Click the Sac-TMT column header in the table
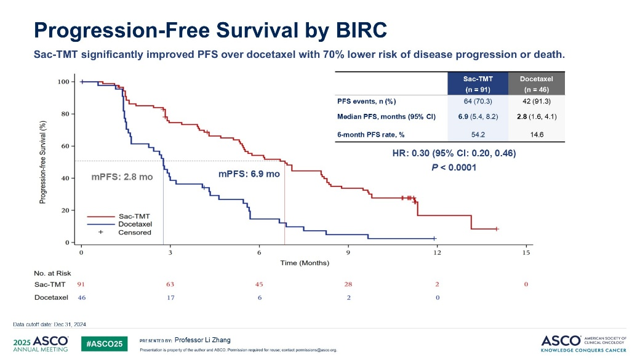[x=478, y=84]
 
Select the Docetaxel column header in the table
[x=537, y=84]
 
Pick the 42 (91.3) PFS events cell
[x=537, y=101]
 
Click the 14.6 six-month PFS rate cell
[x=537, y=134]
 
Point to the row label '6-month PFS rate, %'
[x=370, y=134]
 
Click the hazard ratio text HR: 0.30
[x=410, y=153]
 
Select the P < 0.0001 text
[x=454, y=167]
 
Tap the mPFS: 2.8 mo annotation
[x=122, y=177]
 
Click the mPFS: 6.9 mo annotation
[x=249, y=174]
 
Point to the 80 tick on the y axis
[x=65, y=114]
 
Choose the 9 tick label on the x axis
[x=348, y=253]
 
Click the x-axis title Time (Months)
[x=305, y=263]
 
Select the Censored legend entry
[x=135, y=232]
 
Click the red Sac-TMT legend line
[x=101, y=217]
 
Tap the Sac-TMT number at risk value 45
[x=259, y=284]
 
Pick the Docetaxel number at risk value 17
[x=170, y=298]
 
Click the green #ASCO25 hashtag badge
[x=104, y=344]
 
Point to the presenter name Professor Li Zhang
[x=202, y=340]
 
